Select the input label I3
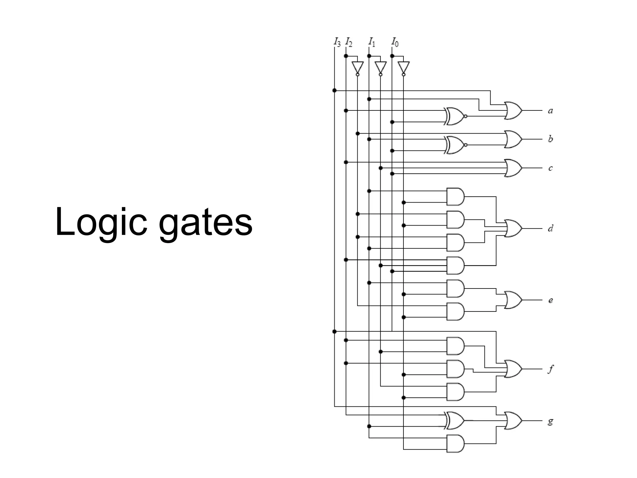337,42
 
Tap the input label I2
349,42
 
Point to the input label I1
372,42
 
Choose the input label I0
395,42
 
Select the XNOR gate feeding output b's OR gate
455,145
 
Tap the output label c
550,168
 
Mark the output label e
550,300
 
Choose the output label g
550,421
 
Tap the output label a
550,111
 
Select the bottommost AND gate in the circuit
455,443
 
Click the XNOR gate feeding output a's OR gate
455,116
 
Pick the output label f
551,369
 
